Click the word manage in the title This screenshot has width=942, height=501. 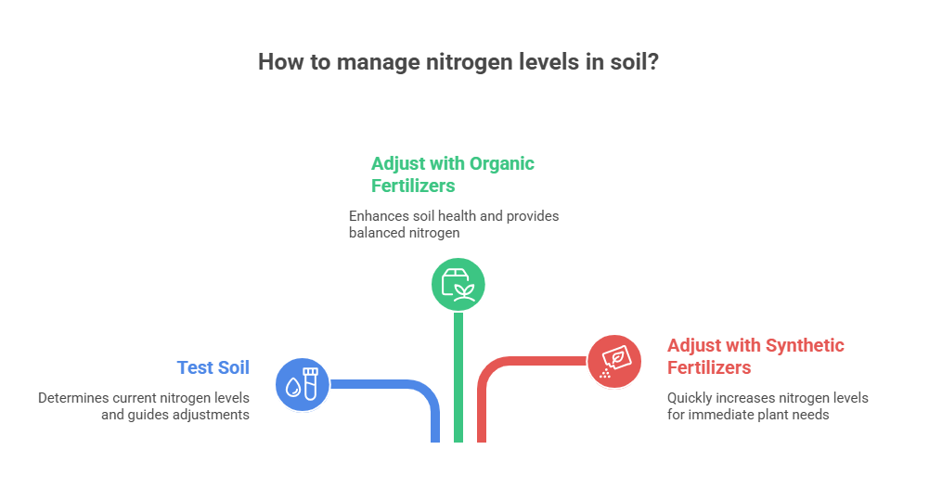(x=378, y=63)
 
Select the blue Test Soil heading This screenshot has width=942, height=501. (x=213, y=367)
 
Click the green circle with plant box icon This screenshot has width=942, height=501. (x=458, y=285)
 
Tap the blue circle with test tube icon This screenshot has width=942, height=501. (x=303, y=384)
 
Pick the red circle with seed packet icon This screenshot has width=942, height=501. (x=614, y=361)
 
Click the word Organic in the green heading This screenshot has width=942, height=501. (x=502, y=164)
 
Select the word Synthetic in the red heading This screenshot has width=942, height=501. (x=805, y=345)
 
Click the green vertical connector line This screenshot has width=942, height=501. (x=458, y=378)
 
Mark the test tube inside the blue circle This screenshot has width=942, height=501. (x=310, y=384)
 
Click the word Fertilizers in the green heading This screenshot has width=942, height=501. (x=413, y=186)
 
